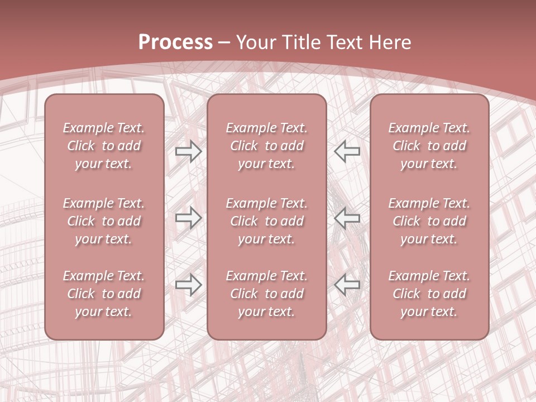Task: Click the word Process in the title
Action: coord(175,42)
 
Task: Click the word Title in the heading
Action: coord(303,42)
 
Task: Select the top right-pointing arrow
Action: coord(188,151)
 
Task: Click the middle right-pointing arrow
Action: coord(188,218)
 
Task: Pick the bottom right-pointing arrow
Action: coord(188,285)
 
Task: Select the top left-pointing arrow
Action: coord(347,151)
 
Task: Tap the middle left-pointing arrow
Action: coord(347,218)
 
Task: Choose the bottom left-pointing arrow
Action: coord(347,285)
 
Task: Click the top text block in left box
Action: coord(104,146)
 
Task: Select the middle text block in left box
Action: coord(104,221)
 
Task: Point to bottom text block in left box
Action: coord(104,294)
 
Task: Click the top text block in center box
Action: coord(266,146)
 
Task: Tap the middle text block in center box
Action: coord(266,221)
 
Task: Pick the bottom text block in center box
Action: coord(266,294)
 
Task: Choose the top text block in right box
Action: coord(429,146)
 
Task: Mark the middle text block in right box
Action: coord(429,221)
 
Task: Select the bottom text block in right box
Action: coord(429,294)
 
